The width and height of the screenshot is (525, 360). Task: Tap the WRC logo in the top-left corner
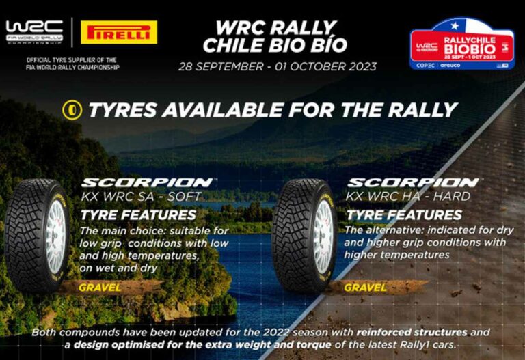pos(34,31)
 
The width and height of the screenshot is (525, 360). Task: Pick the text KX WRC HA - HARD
pos(409,197)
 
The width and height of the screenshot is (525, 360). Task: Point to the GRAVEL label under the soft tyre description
pos(100,288)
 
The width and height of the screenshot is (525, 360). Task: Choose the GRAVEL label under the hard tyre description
pos(365,288)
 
